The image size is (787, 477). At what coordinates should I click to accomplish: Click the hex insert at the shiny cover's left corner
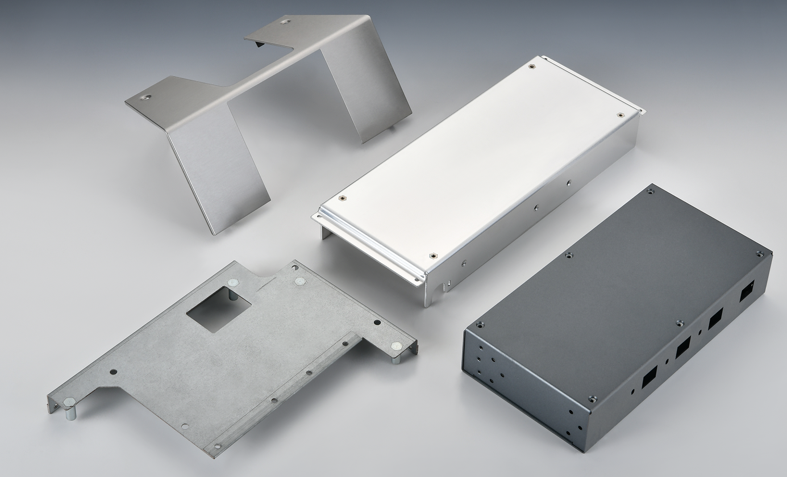point(342,197)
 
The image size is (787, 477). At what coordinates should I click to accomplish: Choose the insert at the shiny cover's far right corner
point(621,114)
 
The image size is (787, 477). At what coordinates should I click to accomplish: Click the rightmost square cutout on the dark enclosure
point(747,293)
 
